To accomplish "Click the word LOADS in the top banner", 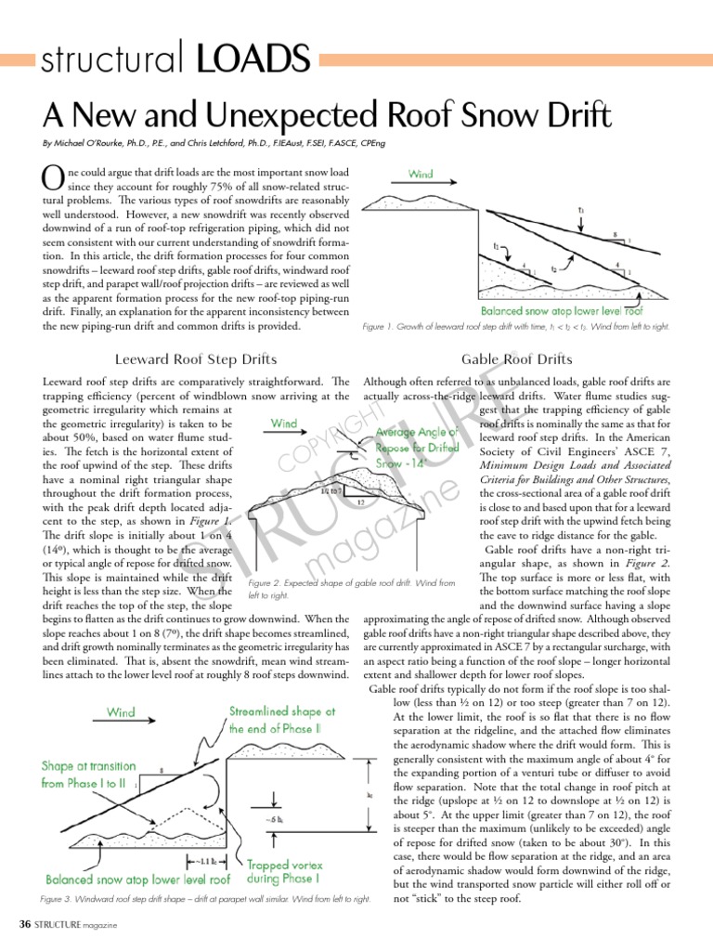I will point(251,62).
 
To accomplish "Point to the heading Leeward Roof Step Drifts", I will point(195,359).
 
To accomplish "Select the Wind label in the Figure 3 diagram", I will point(120,712).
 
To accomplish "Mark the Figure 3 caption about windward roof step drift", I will point(206,900).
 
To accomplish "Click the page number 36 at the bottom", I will point(26,925).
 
